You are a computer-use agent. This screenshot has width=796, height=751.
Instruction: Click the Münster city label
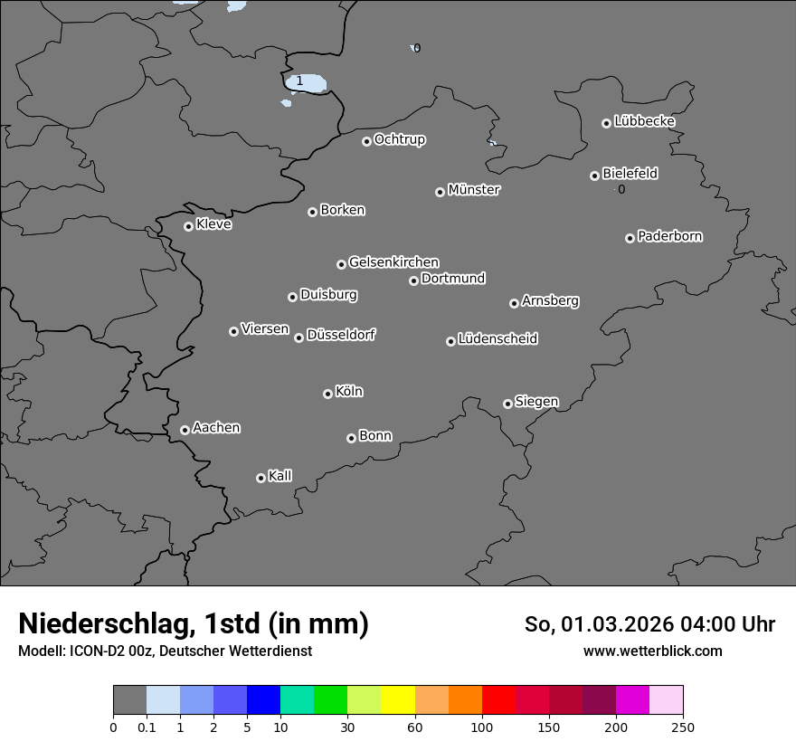click(x=474, y=190)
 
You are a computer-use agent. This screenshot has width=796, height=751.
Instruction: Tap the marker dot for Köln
click(x=327, y=394)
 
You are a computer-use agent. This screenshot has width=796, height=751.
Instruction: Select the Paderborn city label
click(x=670, y=236)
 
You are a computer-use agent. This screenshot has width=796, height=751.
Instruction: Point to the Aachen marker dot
click(x=185, y=430)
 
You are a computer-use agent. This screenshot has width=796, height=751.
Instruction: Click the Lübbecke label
click(x=644, y=121)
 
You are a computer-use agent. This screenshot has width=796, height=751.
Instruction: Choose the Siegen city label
click(x=536, y=402)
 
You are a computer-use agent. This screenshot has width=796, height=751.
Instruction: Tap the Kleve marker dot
click(x=188, y=226)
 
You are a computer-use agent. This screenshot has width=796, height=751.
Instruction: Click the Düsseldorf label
click(x=341, y=335)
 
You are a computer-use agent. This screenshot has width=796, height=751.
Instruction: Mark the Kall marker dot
click(x=261, y=478)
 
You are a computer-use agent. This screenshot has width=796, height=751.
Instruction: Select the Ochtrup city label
click(x=400, y=139)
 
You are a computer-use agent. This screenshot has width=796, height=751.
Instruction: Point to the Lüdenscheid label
click(x=497, y=339)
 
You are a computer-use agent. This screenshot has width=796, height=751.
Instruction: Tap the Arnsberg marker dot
click(x=514, y=303)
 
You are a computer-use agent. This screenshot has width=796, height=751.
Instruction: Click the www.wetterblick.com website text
click(x=653, y=651)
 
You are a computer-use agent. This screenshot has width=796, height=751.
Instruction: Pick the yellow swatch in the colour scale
click(x=398, y=700)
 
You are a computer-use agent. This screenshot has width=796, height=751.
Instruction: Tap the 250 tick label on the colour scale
click(x=683, y=727)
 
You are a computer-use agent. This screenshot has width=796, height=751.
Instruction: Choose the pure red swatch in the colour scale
click(x=498, y=700)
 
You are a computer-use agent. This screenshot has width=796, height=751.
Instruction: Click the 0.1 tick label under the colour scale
click(x=147, y=727)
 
